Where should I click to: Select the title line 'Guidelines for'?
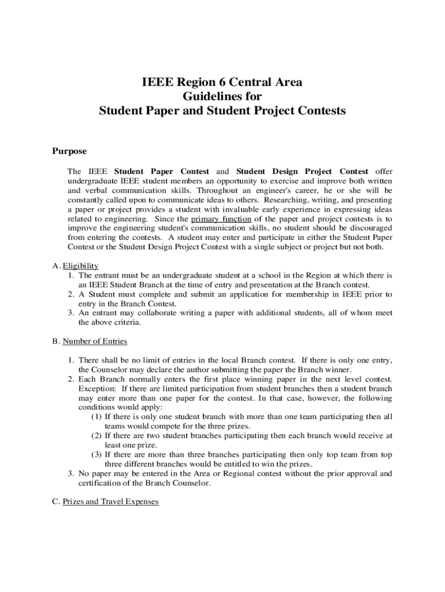coord(222,97)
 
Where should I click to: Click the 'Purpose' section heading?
coord(69,151)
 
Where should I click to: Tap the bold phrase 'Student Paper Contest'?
coord(162,172)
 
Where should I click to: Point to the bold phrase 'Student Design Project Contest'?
coord(302,172)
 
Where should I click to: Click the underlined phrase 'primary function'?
coord(221,219)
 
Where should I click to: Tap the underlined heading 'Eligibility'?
coord(80,266)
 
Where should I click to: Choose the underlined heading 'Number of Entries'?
coord(95,341)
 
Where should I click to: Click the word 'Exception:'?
coord(97,388)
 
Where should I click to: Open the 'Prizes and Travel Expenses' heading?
coord(110,502)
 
